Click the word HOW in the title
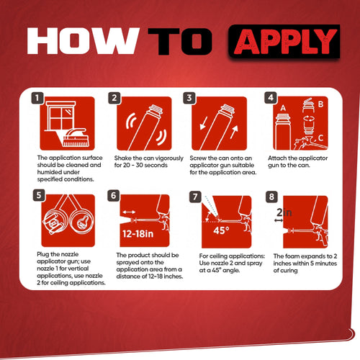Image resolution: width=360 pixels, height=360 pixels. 81,42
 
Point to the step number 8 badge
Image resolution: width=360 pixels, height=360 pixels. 270,194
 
